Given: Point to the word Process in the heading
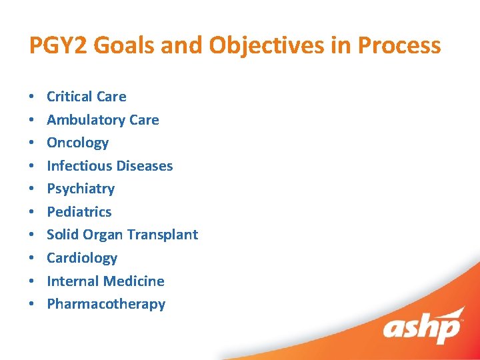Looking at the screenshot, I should point(399,45).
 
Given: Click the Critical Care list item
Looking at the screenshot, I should point(86,97).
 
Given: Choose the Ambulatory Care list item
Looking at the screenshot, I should point(103,120).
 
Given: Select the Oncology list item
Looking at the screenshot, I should point(77,143).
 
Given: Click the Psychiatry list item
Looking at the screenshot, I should point(81,189).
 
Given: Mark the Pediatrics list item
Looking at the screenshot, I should point(79,212).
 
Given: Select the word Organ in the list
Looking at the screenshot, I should point(103,235).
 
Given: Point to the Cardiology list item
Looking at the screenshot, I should point(82,258).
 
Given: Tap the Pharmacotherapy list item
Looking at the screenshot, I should point(106,304).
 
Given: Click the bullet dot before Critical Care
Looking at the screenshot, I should point(33,97).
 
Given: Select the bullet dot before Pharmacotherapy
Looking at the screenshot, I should point(33,305).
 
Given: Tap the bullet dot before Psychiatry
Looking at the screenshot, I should point(33,189).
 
